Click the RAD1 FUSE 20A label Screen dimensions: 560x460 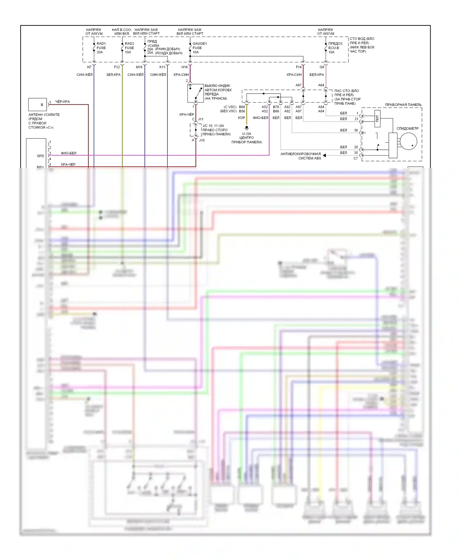pyautogui.click(x=101, y=48)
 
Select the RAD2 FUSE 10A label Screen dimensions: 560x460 pyautogui.click(x=129, y=48)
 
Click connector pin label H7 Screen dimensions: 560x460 pyautogui.click(x=89, y=67)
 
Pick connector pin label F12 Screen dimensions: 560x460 pyautogui.click(x=117, y=67)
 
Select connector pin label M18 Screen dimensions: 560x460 pyautogui.click(x=139, y=67)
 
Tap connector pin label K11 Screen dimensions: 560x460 pyautogui.click(x=162, y=67)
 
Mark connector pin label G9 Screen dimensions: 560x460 pyautogui.click(x=322, y=67)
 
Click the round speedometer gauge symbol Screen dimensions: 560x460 pyautogui.click(x=408, y=141)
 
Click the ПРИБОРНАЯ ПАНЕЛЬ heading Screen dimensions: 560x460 pyautogui.click(x=403, y=105)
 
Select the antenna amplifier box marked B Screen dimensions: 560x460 pyautogui.click(x=37, y=105)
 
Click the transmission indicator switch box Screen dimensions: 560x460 pyautogui.click(x=195, y=93)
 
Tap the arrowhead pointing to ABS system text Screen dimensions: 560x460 pyautogui.click(x=324, y=156)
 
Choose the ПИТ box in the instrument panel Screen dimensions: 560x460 pyautogui.click(x=377, y=118)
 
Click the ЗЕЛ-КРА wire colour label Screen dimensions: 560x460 pyautogui.click(x=113, y=75)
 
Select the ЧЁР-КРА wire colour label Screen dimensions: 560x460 pyautogui.click(x=63, y=102)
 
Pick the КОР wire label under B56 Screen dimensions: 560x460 pyautogui.click(x=241, y=118)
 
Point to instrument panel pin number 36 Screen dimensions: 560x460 pyautogui.click(x=356, y=130)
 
